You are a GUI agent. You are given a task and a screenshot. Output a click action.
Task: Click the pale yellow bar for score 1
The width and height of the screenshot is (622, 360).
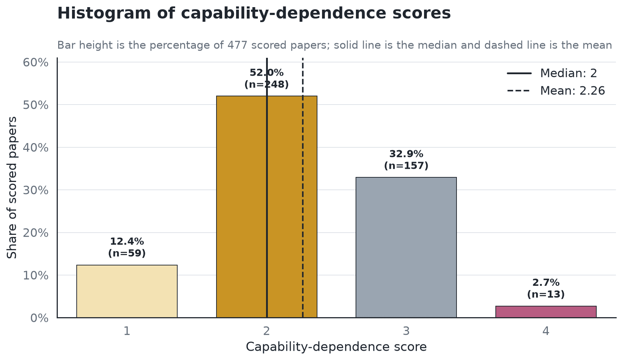(x=127, y=291)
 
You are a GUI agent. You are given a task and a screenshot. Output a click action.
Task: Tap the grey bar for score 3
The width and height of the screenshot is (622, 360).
(x=406, y=247)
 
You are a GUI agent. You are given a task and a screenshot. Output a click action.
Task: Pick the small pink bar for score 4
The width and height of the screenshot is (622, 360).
(x=546, y=312)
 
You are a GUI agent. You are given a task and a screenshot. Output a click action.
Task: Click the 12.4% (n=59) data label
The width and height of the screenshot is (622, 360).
(x=127, y=247)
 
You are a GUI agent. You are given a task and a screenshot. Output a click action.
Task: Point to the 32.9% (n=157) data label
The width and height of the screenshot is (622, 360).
(x=406, y=160)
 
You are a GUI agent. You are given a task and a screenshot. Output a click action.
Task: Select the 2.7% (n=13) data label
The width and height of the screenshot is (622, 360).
(x=546, y=288)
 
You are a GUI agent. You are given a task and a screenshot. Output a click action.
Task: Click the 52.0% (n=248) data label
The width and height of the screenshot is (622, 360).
(x=266, y=78)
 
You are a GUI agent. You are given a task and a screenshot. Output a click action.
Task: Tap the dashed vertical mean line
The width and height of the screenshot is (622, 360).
(x=303, y=188)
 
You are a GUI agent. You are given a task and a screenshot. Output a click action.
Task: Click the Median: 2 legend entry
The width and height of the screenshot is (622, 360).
(x=552, y=73)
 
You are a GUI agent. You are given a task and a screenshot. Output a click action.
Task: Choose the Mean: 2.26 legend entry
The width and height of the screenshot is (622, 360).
(x=556, y=91)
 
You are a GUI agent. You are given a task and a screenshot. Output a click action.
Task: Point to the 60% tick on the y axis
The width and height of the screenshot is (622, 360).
(x=36, y=62)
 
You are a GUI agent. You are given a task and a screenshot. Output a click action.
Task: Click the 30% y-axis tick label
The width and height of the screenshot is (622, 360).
(x=36, y=190)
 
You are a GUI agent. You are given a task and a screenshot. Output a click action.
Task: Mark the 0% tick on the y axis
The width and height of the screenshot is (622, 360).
(x=39, y=318)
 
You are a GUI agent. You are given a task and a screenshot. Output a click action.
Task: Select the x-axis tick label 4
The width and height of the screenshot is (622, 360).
(x=546, y=331)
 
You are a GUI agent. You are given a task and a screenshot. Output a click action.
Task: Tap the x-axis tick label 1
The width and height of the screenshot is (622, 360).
(x=127, y=331)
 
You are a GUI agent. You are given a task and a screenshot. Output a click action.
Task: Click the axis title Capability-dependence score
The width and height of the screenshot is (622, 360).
(x=336, y=347)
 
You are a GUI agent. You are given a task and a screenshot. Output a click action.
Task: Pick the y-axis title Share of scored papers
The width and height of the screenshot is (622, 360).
(x=12, y=188)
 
